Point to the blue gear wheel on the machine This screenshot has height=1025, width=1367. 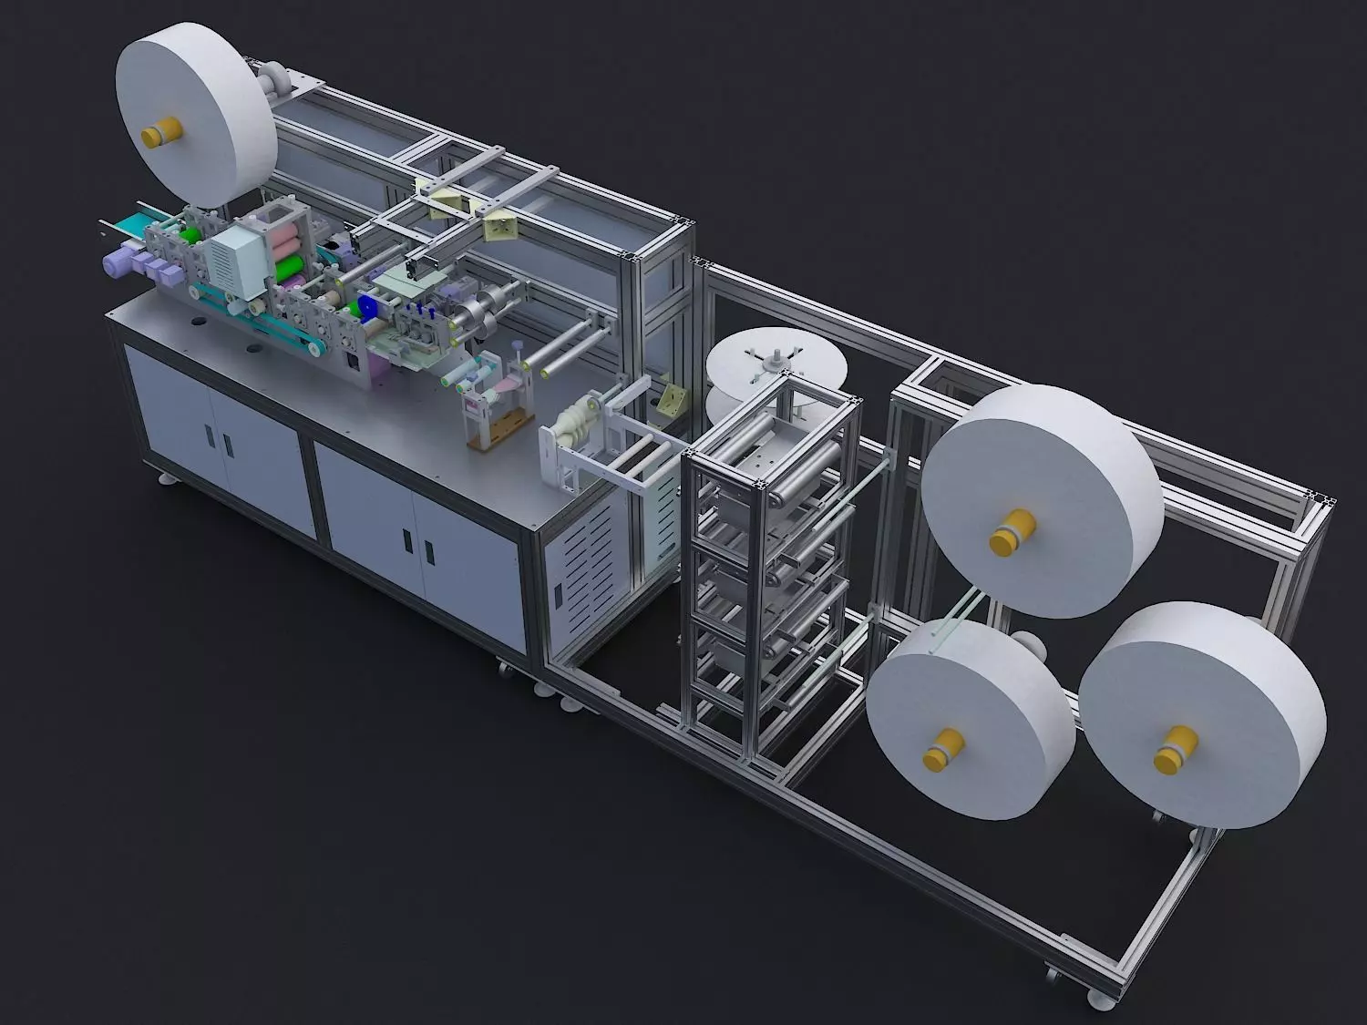click(369, 308)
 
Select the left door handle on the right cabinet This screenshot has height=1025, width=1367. click(406, 539)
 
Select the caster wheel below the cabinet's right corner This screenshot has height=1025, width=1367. click(503, 670)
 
